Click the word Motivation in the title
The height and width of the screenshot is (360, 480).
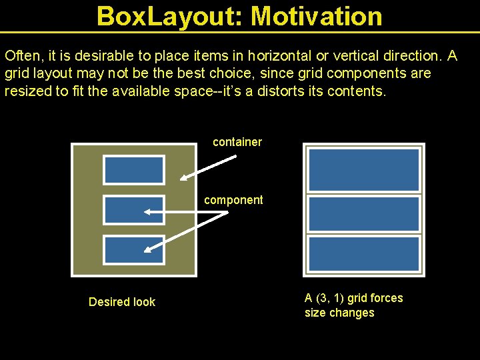[317, 16]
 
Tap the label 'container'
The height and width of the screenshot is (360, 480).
[237, 142]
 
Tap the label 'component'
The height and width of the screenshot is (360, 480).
[233, 200]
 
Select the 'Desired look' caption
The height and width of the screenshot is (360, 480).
[122, 302]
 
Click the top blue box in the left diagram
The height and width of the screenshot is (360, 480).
[133, 170]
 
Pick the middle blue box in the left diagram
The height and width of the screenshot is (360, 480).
[133, 210]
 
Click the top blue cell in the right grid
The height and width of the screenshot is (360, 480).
[364, 169]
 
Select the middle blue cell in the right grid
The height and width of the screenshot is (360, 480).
[364, 213]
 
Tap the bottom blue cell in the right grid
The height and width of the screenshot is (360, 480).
[364, 254]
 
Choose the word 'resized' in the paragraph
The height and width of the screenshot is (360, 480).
[25, 91]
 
